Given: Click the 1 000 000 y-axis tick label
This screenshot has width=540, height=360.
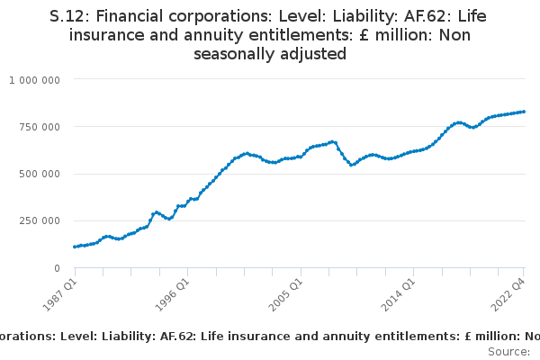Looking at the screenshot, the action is (x=34, y=80).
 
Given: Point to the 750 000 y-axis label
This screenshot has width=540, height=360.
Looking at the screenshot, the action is (x=40, y=127).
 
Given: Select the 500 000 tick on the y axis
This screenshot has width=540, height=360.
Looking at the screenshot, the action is (x=40, y=174).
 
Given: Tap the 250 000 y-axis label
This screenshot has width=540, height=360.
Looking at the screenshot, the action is (x=40, y=220).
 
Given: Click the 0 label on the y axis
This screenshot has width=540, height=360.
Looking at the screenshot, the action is (x=58, y=268).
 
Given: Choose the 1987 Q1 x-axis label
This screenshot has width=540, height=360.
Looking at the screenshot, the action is (x=60, y=295).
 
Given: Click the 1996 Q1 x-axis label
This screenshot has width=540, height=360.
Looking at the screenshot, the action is (x=173, y=295).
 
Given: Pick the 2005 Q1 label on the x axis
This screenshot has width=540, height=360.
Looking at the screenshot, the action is (x=285, y=295).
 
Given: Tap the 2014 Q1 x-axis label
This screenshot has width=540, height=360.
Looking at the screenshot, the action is (x=398, y=295).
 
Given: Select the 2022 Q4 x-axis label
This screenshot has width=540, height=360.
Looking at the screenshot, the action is (x=508, y=295).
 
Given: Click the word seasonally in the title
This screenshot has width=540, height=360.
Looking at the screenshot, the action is (x=234, y=54).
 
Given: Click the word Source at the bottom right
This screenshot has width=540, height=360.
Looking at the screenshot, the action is (x=508, y=352).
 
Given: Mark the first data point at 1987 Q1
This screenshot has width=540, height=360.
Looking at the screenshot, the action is (x=75, y=247).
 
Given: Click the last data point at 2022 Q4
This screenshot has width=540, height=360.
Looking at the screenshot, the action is (x=524, y=112).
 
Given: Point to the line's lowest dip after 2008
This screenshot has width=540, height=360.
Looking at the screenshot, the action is (x=351, y=165).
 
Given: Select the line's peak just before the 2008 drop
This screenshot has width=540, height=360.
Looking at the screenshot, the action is (x=332, y=142).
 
